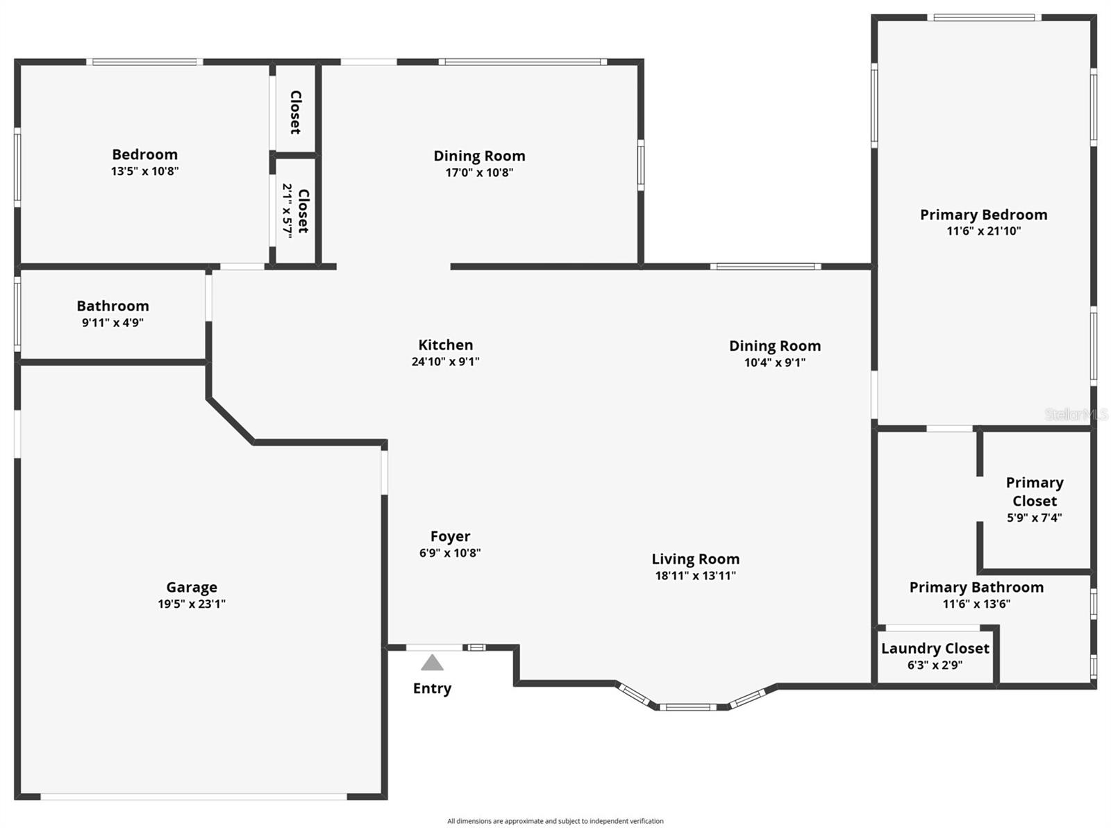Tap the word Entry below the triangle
[x=432, y=688]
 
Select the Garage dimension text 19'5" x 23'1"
[x=192, y=604]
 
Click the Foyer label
[x=450, y=536]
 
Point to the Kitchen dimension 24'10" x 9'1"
[x=445, y=361]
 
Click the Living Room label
[x=695, y=559]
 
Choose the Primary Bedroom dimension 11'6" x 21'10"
[x=983, y=231]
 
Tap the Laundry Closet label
[x=935, y=649]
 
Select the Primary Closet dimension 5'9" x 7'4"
[x=1035, y=517]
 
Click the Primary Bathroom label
[x=976, y=588]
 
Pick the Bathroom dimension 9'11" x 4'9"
[x=112, y=322]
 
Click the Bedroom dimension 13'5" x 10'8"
[x=144, y=171]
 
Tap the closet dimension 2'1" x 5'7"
[x=287, y=210]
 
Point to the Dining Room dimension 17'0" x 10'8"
[x=479, y=172]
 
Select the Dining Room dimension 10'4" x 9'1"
[x=774, y=363]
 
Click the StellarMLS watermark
[x=1076, y=414]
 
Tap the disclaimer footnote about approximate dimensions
[x=555, y=821]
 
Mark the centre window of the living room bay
[x=687, y=707]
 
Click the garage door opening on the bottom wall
[x=193, y=797]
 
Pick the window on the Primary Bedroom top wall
[x=984, y=17]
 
